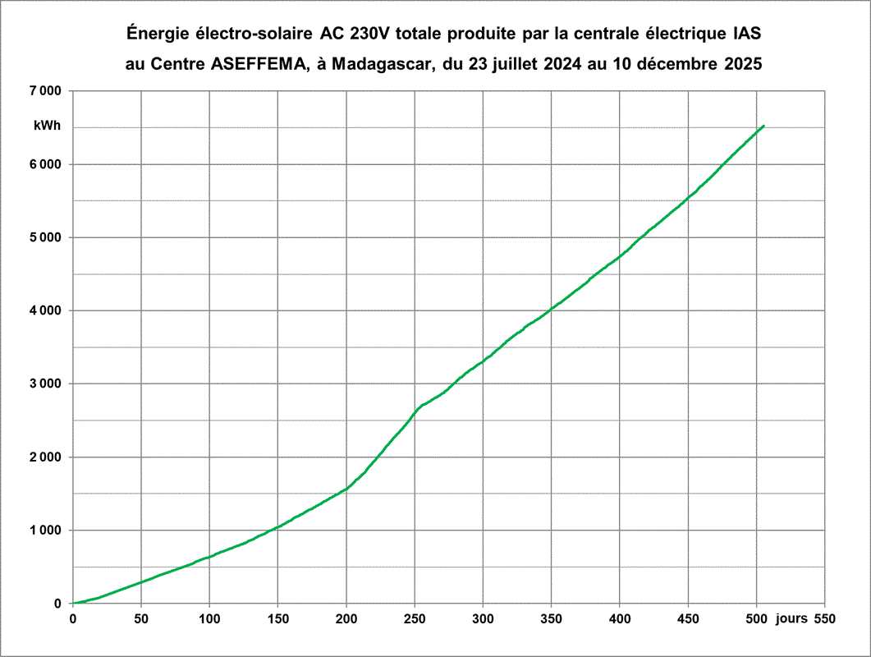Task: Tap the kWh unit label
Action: coord(47,126)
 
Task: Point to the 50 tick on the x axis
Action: coord(141,618)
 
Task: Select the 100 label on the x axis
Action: coord(209,618)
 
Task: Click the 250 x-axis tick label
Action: coord(415,618)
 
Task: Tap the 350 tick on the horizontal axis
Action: coord(551,618)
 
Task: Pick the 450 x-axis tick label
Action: coord(688,618)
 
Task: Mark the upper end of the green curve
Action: coord(763,126)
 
